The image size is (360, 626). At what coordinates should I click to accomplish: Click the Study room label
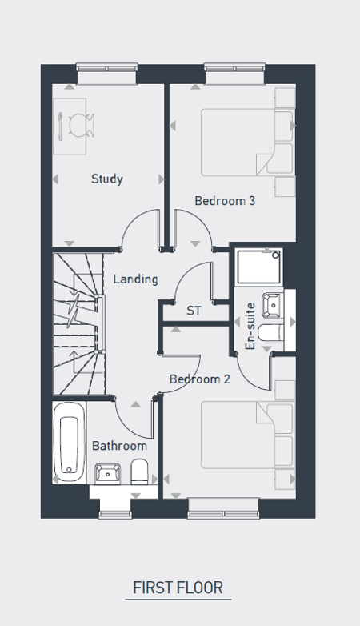click(x=106, y=179)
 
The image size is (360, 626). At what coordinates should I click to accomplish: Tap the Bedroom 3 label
click(x=225, y=200)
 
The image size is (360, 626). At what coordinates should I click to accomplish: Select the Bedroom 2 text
click(x=199, y=379)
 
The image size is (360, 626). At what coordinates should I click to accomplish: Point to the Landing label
click(x=135, y=279)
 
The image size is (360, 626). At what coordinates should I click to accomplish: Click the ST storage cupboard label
click(x=194, y=311)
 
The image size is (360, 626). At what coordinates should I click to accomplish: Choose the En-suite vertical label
click(x=250, y=326)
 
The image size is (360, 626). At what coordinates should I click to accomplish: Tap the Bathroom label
click(x=119, y=446)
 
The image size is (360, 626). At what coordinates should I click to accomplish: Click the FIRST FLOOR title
click(x=178, y=588)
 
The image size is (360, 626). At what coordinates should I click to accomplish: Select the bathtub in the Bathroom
click(x=70, y=443)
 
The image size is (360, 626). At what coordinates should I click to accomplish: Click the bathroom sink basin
click(x=107, y=473)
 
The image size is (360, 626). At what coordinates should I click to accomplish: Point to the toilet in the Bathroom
click(x=140, y=472)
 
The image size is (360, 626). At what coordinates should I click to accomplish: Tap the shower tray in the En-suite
click(x=258, y=267)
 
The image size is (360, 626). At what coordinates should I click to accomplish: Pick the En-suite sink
click(x=273, y=306)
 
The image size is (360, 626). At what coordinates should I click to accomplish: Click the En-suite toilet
click(x=271, y=333)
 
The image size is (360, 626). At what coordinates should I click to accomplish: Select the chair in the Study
click(x=81, y=125)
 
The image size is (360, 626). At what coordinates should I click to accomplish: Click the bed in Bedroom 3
click(x=246, y=142)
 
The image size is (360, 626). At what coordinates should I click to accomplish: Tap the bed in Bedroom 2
click(x=246, y=435)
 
